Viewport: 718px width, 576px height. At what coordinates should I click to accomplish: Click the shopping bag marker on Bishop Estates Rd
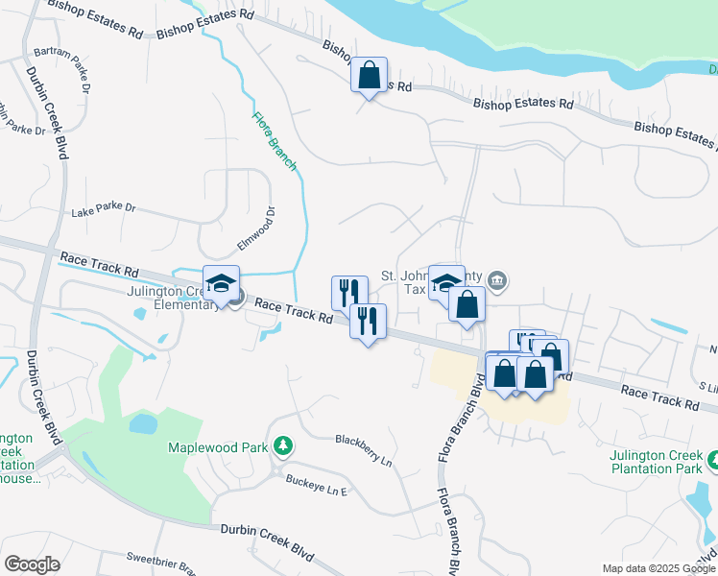click(369, 75)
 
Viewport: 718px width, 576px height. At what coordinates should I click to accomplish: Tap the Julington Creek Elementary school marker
click(221, 283)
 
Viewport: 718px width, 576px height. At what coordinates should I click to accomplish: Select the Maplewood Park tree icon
click(282, 445)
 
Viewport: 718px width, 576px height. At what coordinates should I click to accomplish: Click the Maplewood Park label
click(217, 447)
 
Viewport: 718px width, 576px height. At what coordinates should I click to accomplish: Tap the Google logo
click(32, 564)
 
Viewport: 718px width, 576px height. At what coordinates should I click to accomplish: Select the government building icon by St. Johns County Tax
click(496, 281)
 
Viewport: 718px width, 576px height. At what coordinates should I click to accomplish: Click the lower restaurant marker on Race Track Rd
click(367, 321)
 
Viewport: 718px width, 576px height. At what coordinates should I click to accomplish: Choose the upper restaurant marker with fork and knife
click(349, 293)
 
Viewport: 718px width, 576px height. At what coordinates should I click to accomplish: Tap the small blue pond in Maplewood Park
click(142, 423)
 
